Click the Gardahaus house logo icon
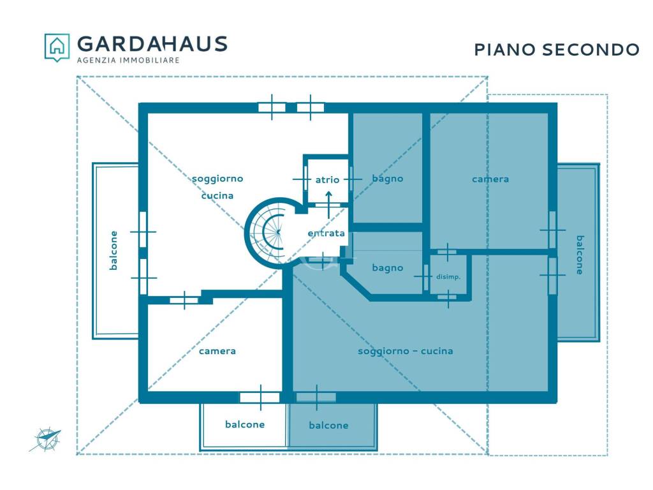[57, 47]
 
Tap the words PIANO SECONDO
[557, 50]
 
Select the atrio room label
[327, 180]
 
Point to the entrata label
[326, 234]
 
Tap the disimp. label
[448, 277]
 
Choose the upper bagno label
[388, 179]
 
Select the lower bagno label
[388, 268]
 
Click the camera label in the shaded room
[490, 179]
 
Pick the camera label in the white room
[217, 351]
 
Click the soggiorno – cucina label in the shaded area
[406, 351]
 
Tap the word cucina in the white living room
[217, 196]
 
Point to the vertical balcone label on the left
[114, 250]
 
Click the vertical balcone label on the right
[579, 255]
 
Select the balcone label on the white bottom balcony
[245, 424]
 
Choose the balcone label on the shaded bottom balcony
[328, 426]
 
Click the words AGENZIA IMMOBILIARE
[128, 60]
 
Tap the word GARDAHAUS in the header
[152, 43]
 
